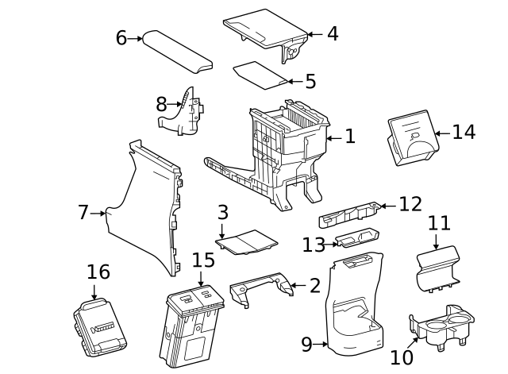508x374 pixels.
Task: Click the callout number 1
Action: click(349, 137)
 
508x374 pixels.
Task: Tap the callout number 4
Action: click(332, 33)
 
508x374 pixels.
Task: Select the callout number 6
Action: click(121, 37)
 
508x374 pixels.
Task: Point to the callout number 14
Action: click(464, 132)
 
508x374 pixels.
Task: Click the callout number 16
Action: click(98, 272)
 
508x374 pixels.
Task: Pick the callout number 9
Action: click(306, 344)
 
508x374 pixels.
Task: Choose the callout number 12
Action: click(410, 205)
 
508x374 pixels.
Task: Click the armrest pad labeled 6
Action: click(179, 52)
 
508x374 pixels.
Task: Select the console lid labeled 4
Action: click(266, 28)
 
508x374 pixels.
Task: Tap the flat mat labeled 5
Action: click(260, 73)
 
